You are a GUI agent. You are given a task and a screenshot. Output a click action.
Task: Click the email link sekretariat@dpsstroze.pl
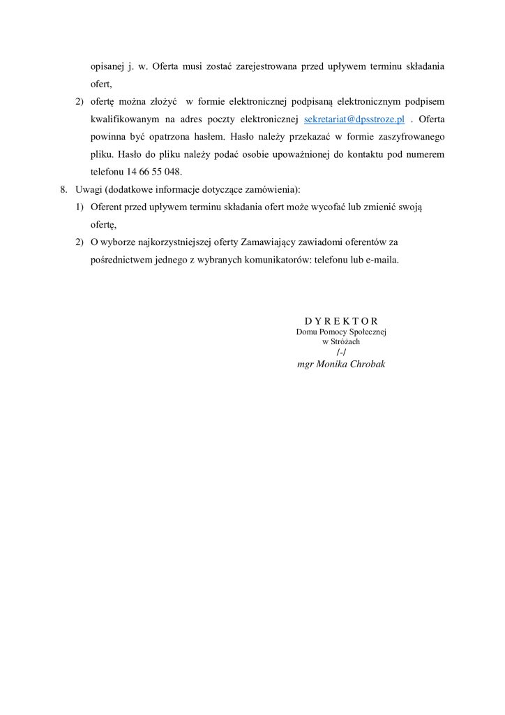click(x=354, y=119)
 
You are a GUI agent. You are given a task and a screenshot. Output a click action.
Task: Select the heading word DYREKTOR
click(x=341, y=321)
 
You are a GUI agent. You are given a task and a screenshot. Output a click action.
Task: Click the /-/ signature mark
click(x=341, y=353)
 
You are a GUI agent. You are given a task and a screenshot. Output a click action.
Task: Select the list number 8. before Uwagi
click(x=64, y=189)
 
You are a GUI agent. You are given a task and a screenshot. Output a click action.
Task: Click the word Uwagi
click(x=88, y=189)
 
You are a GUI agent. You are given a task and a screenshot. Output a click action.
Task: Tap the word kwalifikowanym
click(x=122, y=119)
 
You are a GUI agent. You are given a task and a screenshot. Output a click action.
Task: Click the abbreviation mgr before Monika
click(x=305, y=364)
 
